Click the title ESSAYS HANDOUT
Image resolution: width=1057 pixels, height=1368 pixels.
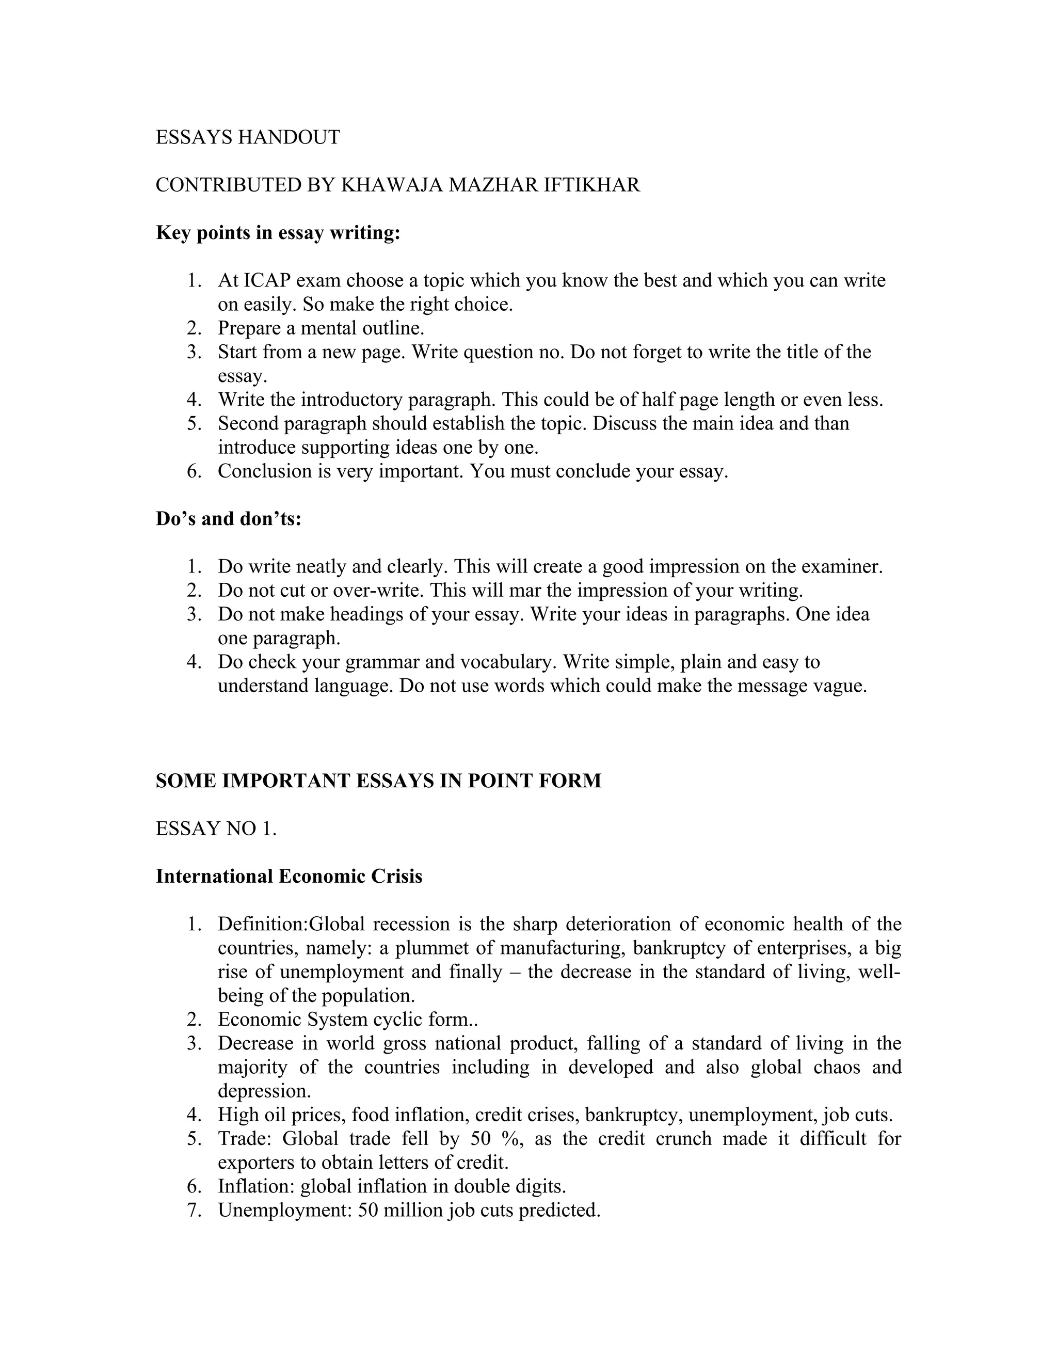click(x=247, y=137)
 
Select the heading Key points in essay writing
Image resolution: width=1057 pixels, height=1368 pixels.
click(x=277, y=233)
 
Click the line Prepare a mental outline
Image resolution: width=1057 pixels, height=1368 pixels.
click(x=321, y=328)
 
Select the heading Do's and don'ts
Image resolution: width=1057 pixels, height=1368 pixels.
click(x=228, y=519)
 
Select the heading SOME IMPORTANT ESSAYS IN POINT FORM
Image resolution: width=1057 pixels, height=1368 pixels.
click(x=378, y=781)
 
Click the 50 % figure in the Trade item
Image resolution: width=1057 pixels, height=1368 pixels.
click(x=497, y=1138)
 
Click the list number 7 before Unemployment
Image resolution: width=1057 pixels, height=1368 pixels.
click(x=194, y=1210)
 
